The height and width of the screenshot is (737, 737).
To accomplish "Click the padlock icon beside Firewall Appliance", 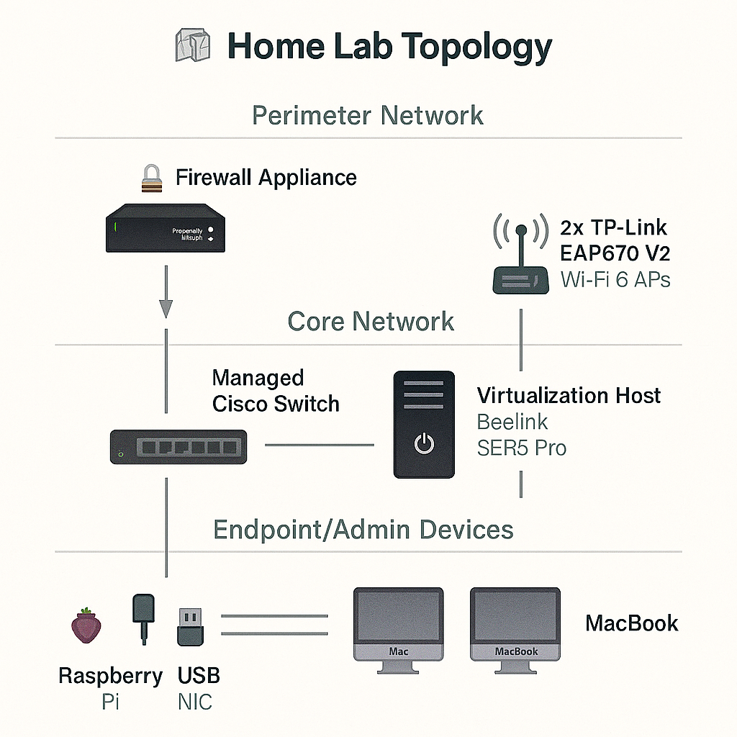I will [x=152, y=178].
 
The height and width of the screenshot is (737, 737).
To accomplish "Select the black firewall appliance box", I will [x=165, y=229].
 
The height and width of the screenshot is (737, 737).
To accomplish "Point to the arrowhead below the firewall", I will [x=166, y=308].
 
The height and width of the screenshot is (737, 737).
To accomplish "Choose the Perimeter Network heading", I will [x=368, y=115].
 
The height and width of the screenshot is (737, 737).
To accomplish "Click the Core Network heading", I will [x=371, y=321].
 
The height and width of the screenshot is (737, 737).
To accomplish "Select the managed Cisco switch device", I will [x=178, y=446].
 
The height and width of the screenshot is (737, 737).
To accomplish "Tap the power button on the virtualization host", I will [x=424, y=444].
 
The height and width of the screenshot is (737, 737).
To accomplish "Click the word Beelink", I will [x=512, y=422].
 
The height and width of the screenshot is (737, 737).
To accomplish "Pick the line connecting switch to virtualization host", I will [x=320, y=445].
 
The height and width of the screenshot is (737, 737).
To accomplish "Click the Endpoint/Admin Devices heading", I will [x=363, y=530].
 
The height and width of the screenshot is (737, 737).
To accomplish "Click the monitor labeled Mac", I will [x=398, y=623].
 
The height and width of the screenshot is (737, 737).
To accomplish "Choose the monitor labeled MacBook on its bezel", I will [x=515, y=623].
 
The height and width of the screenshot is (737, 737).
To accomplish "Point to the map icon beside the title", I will [x=194, y=47].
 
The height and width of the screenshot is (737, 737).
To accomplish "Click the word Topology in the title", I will [x=476, y=47].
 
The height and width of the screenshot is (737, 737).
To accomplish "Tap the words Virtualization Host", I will [x=569, y=395].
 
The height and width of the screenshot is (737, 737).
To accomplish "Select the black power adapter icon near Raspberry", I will [x=144, y=615].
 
